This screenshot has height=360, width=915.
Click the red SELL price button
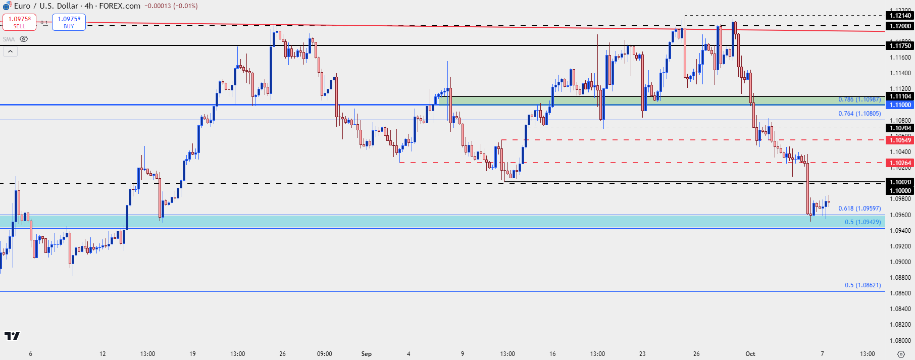click(x=19, y=22)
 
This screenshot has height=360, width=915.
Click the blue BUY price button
click(x=69, y=22)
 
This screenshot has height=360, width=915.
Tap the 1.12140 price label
click(x=900, y=16)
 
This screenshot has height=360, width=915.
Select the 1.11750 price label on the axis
click(x=900, y=46)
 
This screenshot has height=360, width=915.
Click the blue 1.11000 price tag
click(x=900, y=105)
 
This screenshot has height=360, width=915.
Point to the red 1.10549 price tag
click(x=900, y=140)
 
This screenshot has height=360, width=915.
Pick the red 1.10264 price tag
click(x=900, y=163)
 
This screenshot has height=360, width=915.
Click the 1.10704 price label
click(x=900, y=128)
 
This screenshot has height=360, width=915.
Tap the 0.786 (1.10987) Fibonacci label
click(x=859, y=99)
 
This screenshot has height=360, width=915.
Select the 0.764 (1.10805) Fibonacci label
click(x=859, y=114)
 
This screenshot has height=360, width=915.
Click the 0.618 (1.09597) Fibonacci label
click(x=859, y=209)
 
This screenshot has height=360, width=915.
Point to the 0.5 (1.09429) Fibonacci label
click(x=862, y=222)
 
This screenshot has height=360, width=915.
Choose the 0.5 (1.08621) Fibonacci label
click(x=862, y=285)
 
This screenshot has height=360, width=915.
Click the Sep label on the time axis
click(x=366, y=353)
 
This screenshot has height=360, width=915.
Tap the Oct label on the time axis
click(x=750, y=353)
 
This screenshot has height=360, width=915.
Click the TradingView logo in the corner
click(x=12, y=336)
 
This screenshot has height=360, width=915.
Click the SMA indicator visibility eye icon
click(x=24, y=39)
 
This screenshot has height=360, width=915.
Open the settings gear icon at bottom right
click(x=901, y=353)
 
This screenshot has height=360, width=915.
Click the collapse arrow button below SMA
click(x=10, y=52)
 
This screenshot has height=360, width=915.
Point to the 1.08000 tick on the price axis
click(x=900, y=340)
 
